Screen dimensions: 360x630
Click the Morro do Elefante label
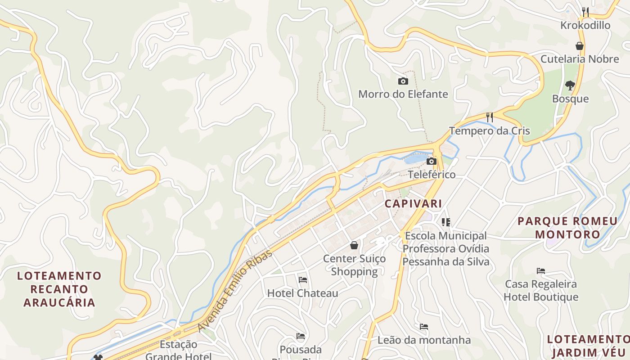pos(403,94)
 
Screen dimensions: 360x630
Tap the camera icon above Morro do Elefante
pos(403,81)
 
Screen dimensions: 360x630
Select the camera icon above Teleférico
pos(432,161)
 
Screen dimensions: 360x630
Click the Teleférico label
pos(432,174)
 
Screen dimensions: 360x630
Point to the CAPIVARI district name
pos(413,203)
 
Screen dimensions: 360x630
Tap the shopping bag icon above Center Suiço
pos(354,245)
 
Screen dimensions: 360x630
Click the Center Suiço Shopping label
pos(354,265)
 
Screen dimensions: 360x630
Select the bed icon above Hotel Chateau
pos(303,280)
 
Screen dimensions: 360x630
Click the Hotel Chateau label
pos(302,293)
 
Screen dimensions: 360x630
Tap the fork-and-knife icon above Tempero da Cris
pos(490,117)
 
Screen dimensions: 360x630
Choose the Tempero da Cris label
pos(489,131)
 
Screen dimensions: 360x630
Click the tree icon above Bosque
pos(570,85)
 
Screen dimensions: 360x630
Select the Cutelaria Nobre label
pos(580,59)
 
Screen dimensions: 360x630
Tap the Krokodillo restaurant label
pos(585,25)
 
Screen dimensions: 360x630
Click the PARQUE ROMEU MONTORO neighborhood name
pos(567,227)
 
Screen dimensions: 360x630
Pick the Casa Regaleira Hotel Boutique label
pos(540,290)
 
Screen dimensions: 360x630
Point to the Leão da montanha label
pos(424,340)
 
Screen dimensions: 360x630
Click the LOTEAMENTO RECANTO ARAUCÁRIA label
pos(59,289)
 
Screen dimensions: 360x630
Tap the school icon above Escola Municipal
pos(446,222)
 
